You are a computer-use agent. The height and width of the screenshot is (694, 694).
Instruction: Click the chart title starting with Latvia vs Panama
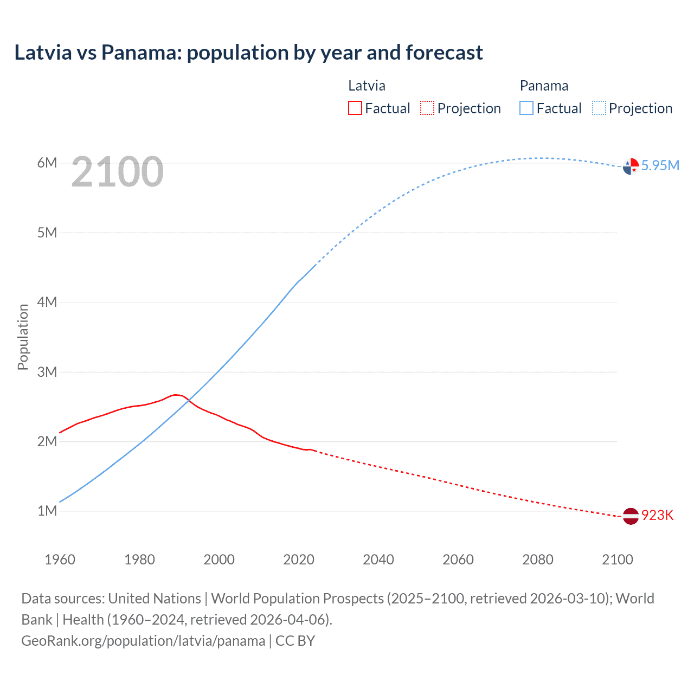[248, 53]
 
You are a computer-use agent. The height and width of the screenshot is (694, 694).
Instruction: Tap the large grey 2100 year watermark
[117, 172]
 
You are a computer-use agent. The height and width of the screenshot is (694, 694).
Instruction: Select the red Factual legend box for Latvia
[355, 108]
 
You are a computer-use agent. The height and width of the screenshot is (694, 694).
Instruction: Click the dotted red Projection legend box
[427, 108]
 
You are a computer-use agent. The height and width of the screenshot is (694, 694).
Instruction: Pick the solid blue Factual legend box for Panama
[526, 108]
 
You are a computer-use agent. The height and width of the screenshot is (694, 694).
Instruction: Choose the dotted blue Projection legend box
[599, 108]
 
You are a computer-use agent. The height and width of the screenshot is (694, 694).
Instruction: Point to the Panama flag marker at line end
[631, 166]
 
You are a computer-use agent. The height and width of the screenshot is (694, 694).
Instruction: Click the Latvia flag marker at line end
[631, 516]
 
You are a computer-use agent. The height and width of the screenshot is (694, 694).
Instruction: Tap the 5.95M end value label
[660, 165]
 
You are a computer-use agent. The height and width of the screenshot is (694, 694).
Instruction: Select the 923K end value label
[657, 515]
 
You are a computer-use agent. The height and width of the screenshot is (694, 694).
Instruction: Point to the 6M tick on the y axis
[47, 163]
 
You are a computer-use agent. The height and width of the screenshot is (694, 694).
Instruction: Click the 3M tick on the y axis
[47, 372]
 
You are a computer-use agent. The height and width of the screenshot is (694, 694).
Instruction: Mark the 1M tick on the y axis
[47, 511]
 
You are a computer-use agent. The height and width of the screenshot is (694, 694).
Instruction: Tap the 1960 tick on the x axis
[60, 560]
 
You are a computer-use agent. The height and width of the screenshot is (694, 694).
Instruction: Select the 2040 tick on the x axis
[378, 560]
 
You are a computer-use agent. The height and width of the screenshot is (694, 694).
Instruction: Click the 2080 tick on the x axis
[538, 560]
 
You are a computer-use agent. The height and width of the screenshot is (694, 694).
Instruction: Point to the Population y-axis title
[23, 337]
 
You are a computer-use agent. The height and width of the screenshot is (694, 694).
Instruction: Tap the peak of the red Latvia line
[176, 395]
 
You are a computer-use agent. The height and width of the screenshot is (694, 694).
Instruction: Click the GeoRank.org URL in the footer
[143, 640]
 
